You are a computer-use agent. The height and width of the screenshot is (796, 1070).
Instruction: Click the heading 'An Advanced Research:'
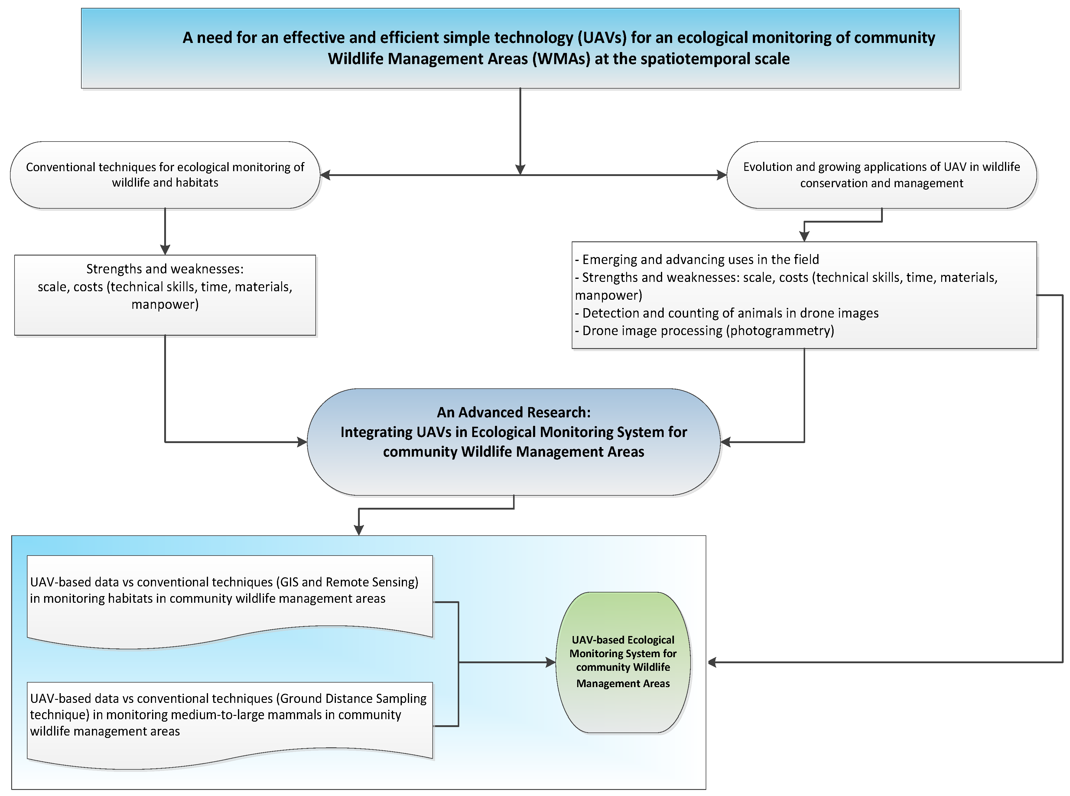pyautogui.click(x=514, y=413)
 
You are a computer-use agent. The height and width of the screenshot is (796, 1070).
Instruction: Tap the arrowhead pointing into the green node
pyautogui.click(x=550, y=663)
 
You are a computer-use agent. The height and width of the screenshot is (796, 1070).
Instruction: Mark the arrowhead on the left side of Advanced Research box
pyautogui.click(x=302, y=442)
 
